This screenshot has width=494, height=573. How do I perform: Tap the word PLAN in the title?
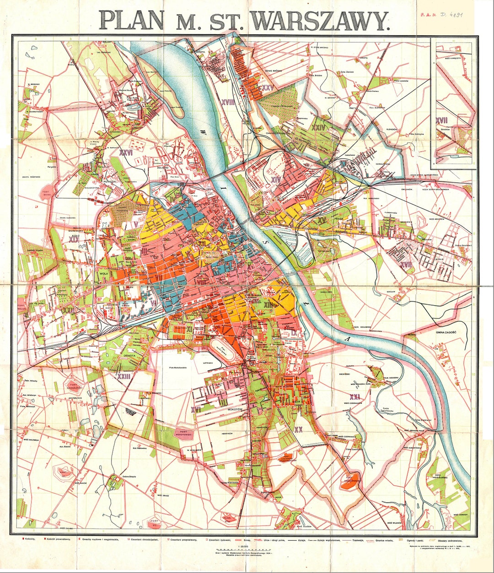[x=131, y=20]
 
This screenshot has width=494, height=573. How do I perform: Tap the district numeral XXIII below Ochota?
[x=123, y=377]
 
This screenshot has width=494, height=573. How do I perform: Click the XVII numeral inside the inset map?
[x=441, y=121]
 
